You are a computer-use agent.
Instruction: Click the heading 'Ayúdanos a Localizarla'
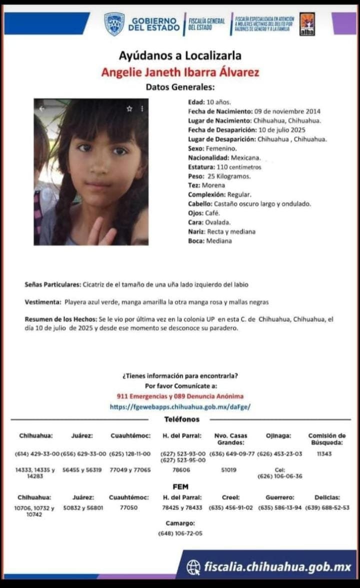180,55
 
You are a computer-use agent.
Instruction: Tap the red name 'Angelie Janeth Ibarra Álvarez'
180,72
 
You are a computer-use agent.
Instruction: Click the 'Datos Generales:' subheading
180,87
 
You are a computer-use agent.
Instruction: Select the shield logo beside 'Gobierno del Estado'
114,23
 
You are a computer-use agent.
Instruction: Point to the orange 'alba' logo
307,24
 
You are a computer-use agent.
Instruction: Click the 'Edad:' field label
196,102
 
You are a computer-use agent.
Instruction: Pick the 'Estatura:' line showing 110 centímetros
224,167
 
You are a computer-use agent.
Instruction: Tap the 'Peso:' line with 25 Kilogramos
219,176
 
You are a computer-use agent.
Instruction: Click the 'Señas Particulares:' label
52,284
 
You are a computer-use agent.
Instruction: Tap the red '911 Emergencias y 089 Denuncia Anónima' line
180,396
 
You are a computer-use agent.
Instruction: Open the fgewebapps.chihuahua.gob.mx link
180,407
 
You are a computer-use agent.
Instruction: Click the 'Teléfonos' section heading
181,419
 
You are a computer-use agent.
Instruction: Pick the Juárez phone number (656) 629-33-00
83,454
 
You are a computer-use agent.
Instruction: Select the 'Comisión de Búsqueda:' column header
326,439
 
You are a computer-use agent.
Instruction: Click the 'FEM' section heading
180,486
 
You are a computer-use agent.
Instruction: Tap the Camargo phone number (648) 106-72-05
180,533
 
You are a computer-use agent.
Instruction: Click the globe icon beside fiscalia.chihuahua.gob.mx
193,567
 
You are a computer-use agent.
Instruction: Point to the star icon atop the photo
129,108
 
